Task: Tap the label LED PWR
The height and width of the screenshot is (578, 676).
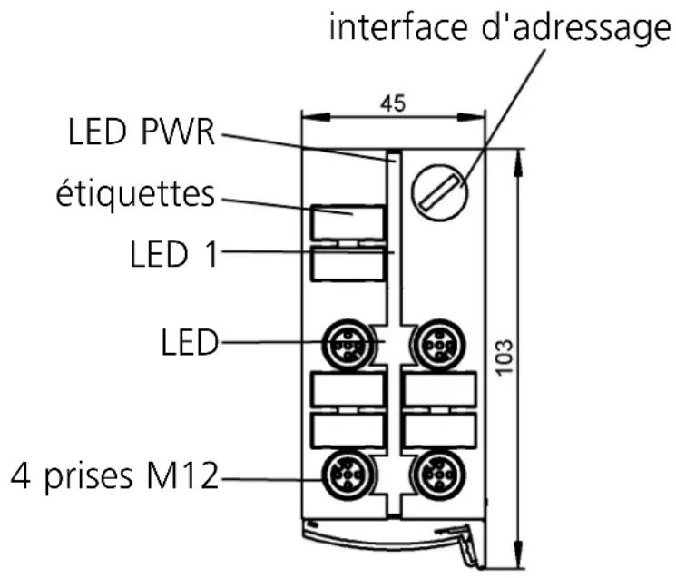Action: [140, 134]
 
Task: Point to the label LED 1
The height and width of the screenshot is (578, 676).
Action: [170, 255]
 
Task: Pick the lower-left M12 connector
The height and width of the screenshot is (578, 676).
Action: [348, 473]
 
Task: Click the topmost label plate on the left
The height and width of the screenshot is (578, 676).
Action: [348, 221]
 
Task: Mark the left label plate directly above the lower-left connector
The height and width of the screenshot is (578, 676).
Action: [348, 430]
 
